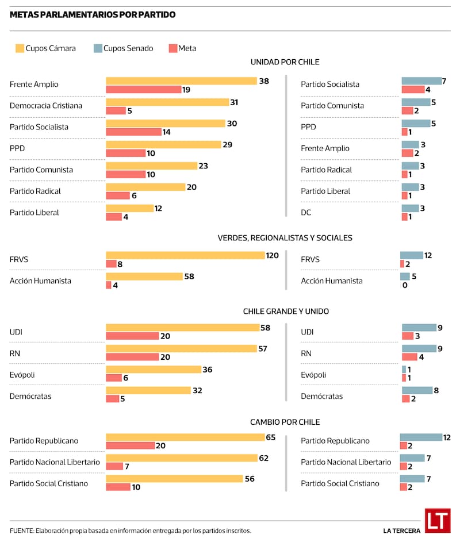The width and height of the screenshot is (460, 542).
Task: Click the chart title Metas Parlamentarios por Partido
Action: pyautogui.click(x=93, y=15)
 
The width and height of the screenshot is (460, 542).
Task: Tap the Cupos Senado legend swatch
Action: pyautogui.click(x=97, y=48)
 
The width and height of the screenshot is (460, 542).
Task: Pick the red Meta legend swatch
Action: pyautogui.click(x=172, y=48)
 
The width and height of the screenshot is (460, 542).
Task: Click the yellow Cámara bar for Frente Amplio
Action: pyautogui.click(x=181, y=81)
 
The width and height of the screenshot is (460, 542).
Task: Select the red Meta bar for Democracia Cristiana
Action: pyautogui.click(x=116, y=110)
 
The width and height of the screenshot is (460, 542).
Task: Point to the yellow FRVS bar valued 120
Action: pyautogui.click(x=185, y=255)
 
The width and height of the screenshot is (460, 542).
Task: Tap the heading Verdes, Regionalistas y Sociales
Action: pyautogui.click(x=285, y=237)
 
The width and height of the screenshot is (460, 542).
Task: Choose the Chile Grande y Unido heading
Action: pyautogui.click(x=286, y=311)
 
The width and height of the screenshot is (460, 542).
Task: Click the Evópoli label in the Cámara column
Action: pyautogui.click(x=23, y=375)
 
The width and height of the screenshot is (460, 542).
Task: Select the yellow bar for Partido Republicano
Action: pyautogui.click(x=185, y=437)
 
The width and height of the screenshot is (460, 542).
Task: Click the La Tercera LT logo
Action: pyautogui.click(x=438, y=520)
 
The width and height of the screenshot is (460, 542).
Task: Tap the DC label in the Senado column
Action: pyautogui.click(x=306, y=213)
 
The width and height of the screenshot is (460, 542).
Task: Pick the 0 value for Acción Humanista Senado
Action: pyautogui.click(x=405, y=285)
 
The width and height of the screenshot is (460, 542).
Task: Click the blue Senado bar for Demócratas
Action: pyautogui.click(x=417, y=390)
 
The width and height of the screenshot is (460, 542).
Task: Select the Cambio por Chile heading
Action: pyautogui.click(x=285, y=422)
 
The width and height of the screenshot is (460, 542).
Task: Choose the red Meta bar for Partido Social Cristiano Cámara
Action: pyautogui.click(x=118, y=487)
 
